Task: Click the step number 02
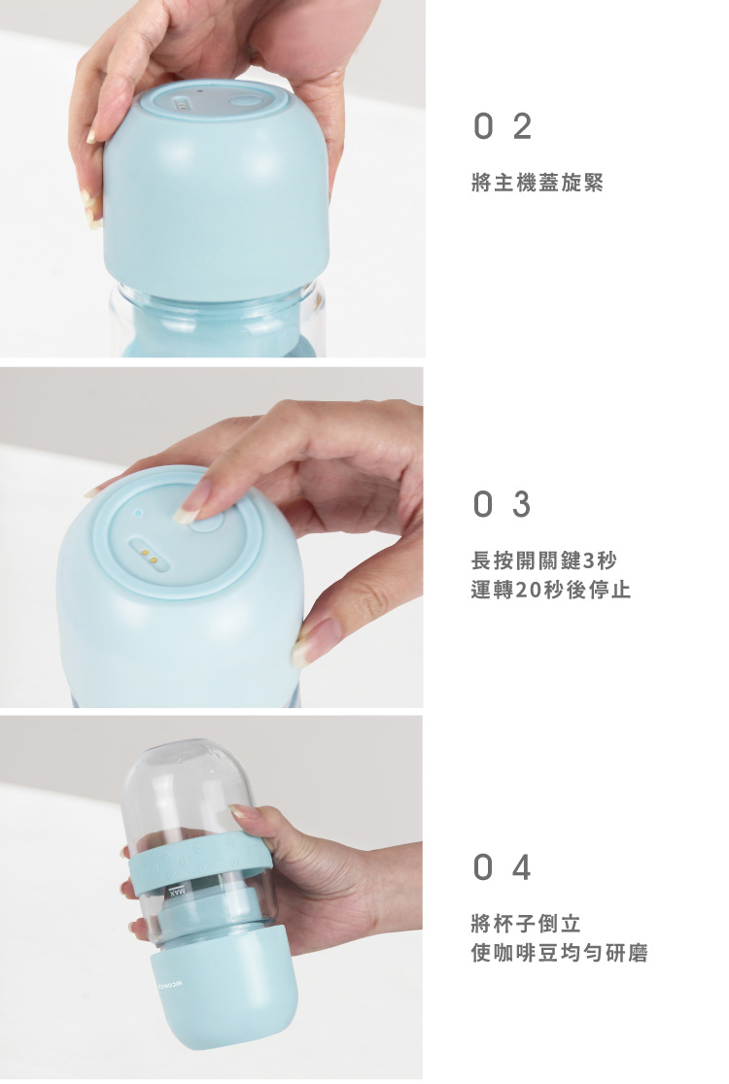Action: click(503, 126)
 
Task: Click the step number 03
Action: click(503, 504)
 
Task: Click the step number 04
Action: click(503, 867)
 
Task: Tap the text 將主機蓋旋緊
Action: click(538, 183)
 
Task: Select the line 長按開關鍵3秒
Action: click(543, 559)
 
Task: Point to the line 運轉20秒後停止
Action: click(551, 590)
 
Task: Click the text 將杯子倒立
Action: click(526, 923)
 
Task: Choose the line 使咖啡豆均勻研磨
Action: click(560, 953)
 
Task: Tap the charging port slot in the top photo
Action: click(181, 104)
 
